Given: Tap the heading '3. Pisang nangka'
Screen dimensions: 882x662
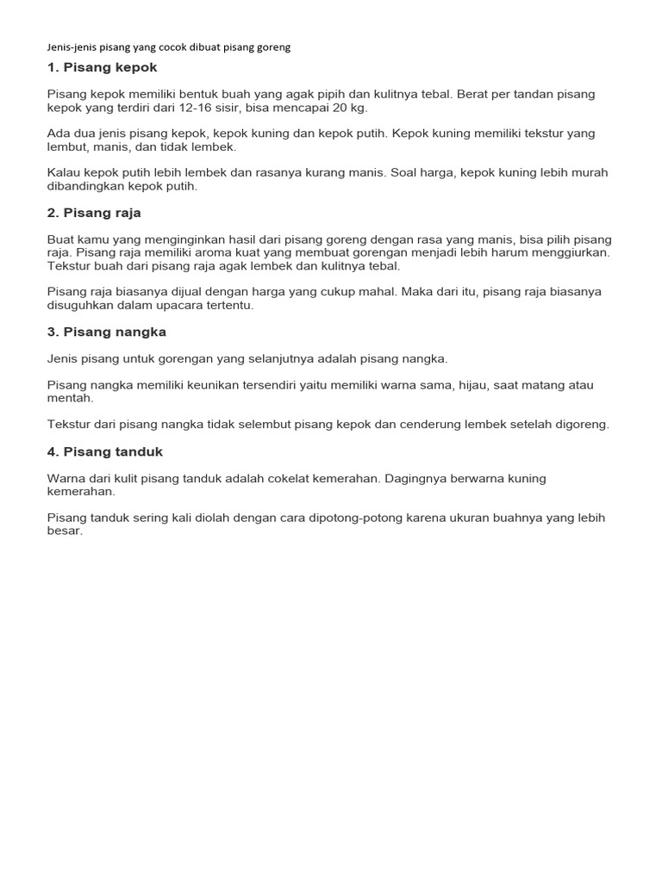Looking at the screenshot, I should (x=106, y=332).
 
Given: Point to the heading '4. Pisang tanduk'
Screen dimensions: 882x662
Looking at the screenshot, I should (x=104, y=451).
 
